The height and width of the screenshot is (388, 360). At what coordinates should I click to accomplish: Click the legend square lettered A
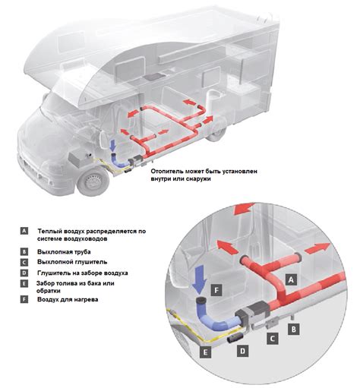click(24, 231)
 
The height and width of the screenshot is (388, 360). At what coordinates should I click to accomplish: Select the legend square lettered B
click(24, 252)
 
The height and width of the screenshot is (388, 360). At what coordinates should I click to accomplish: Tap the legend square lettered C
click(24, 262)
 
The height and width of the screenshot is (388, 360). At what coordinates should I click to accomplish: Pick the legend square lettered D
click(24, 273)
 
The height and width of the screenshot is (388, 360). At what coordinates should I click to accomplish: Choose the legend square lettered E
click(24, 284)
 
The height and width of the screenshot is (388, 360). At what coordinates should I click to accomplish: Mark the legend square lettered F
click(24, 299)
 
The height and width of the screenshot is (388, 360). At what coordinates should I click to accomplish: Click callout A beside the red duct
click(291, 280)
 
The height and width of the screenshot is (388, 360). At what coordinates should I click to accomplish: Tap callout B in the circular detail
click(294, 330)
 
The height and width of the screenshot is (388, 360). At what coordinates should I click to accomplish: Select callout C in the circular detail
click(272, 339)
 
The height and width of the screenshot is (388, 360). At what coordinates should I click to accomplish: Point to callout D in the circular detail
click(243, 351)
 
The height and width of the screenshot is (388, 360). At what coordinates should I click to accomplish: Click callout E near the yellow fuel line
click(205, 352)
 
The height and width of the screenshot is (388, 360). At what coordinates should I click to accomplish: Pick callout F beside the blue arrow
click(216, 290)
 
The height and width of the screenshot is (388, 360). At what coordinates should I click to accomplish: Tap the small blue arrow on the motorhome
click(113, 146)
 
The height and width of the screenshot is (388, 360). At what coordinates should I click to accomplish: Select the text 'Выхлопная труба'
click(64, 252)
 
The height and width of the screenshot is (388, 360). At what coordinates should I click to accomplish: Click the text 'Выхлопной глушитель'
click(72, 262)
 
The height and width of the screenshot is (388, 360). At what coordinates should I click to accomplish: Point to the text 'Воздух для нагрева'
click(68, 299)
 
